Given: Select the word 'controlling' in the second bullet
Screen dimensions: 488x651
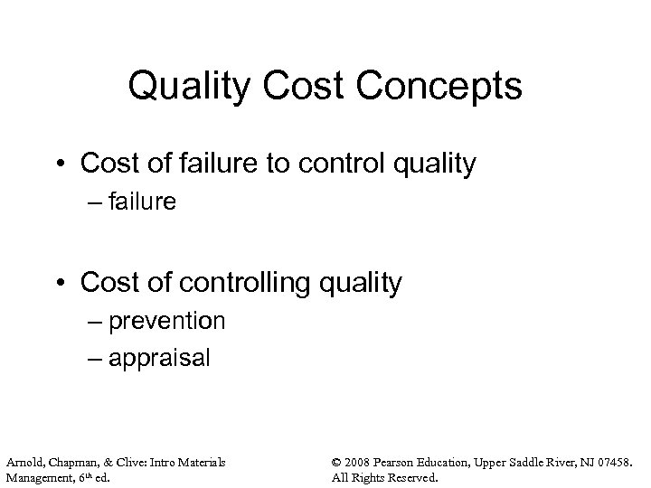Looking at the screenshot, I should point(241,283).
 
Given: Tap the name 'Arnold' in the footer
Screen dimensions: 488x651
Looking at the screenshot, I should point(24,463).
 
